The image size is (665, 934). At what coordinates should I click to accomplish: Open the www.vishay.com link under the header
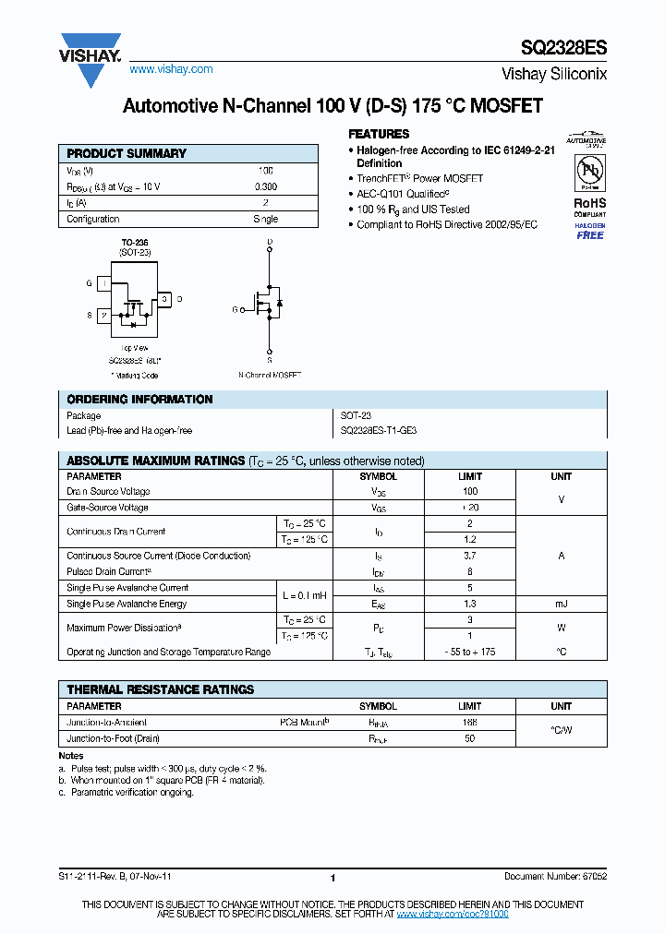171,69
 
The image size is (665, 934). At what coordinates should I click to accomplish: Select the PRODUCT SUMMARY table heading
127,153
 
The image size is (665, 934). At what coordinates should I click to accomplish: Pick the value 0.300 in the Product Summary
266,187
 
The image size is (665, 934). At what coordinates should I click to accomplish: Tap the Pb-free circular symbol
589,173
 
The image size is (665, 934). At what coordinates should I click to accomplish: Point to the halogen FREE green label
589,234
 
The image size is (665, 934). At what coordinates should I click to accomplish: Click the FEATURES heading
379,134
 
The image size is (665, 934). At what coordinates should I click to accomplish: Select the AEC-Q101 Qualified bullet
403,194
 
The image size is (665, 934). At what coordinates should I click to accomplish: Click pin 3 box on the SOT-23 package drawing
163,299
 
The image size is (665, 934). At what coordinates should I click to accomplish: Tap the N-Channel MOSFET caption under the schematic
270,375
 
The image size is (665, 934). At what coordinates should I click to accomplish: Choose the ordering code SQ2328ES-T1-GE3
385,431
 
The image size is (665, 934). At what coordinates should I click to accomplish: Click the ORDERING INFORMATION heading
139,400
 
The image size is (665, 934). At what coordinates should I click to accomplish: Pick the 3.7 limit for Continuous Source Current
470,556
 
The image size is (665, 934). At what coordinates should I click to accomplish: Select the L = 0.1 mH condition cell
304,595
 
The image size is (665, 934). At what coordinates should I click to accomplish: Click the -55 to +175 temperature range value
470,652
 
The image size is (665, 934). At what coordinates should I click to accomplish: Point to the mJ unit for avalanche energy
561,604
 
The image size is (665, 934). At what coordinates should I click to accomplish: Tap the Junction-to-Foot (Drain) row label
114,738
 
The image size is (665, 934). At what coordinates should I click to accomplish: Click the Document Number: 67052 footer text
555,878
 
